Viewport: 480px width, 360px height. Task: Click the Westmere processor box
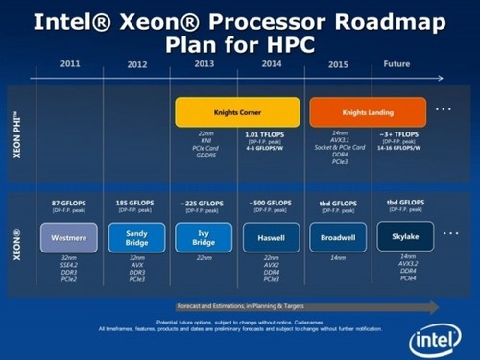pyautogui.click(x=66, y=236)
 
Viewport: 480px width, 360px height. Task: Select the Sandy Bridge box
pyautogui.click(x=134, y=236)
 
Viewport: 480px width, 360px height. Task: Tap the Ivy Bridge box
pyautogui.click(x=203, y=236)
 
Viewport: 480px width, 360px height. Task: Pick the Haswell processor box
pyautogui.click(x=271, y=236)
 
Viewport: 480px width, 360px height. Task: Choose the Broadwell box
pyautogui.click(x=338, y=236)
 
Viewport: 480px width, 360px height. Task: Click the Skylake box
pyautogui.click(x=405, y=235)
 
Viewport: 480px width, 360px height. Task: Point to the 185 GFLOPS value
pyautogui.click(x=134, y=204)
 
